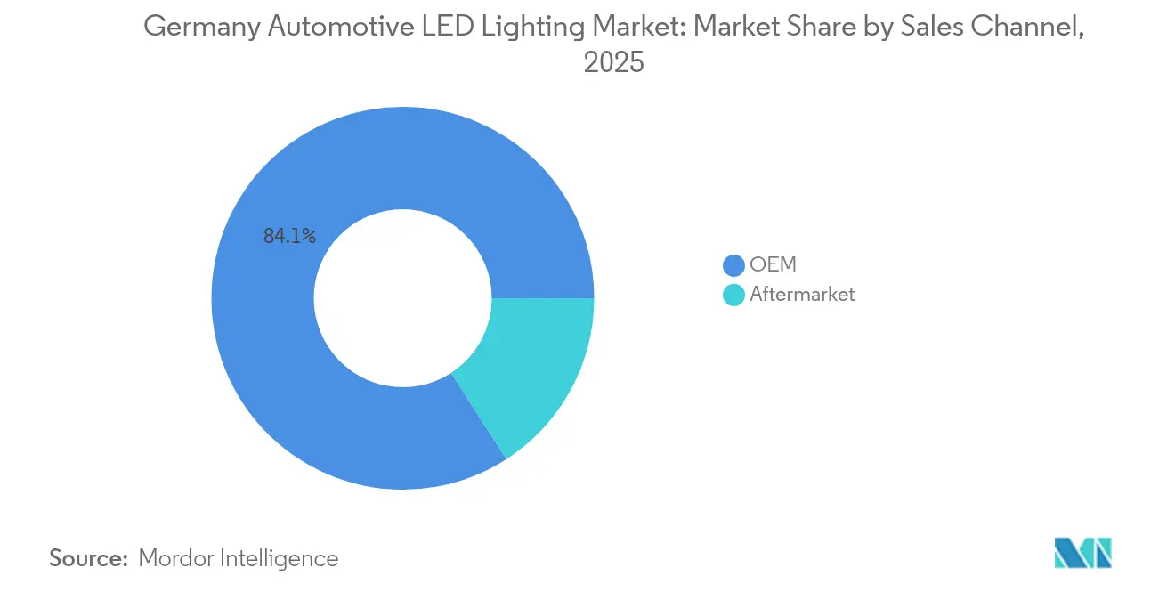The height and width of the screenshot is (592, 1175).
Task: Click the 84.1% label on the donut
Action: (x=289, y=236)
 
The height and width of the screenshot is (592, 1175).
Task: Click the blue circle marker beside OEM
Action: (x=734, y=265)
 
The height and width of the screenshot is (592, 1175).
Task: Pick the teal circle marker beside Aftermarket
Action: (x=734, y=295)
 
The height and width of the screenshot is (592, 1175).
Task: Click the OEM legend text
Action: (x=773, y=265)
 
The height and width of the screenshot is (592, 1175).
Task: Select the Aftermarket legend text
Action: (x=801, y=295)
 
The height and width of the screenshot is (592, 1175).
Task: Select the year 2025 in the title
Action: (x=613, y=63)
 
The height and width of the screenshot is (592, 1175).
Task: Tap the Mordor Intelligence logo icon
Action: (x=1082, y=552)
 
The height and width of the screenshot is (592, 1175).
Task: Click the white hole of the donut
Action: (x=402, y=298)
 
